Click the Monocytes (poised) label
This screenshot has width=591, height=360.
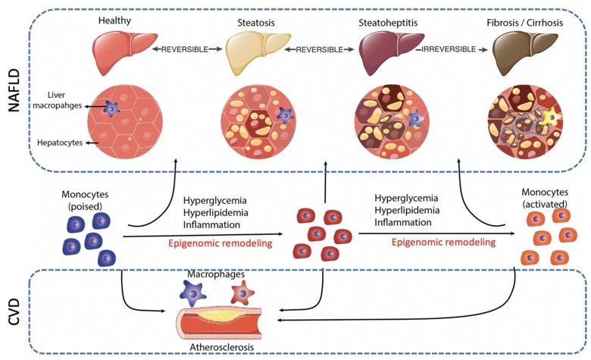pyautogui.click(x=86, y=199)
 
